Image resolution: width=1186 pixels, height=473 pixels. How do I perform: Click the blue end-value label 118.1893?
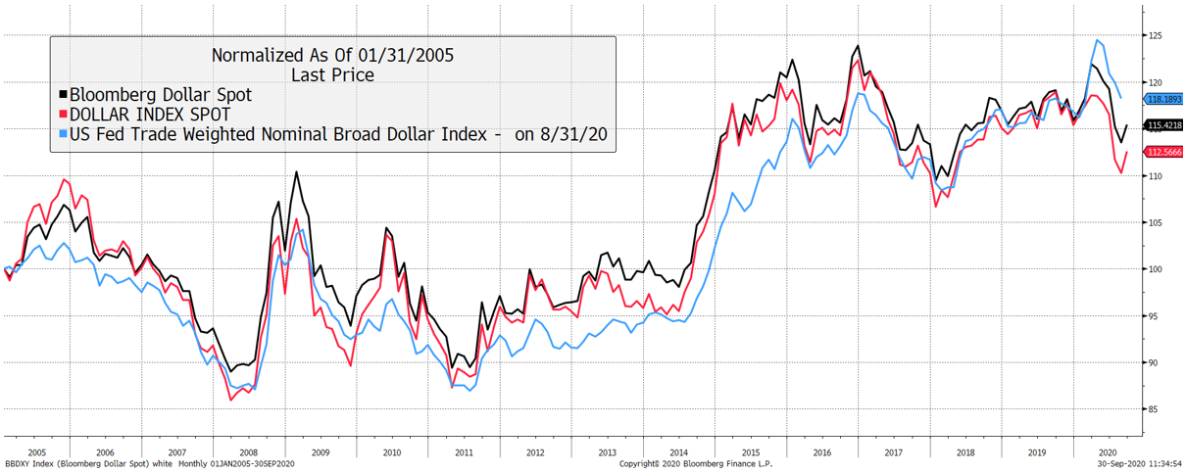coord(1162,100)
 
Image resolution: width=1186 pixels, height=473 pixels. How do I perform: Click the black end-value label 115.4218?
coord(1162,126)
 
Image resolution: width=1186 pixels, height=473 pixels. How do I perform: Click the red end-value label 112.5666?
coord(1162,153)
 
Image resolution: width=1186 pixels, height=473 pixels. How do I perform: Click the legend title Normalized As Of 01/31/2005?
coord(332,56)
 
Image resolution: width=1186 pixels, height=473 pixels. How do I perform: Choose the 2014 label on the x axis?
coord(678,453)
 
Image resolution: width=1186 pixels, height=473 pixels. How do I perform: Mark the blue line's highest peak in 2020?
coord(1097,40)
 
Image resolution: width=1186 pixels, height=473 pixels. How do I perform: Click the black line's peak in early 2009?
coord(297,172)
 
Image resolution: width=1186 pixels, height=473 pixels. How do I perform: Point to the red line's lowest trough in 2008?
coord(231,400)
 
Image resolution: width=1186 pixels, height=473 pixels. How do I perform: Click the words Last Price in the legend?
coord(332,74)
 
